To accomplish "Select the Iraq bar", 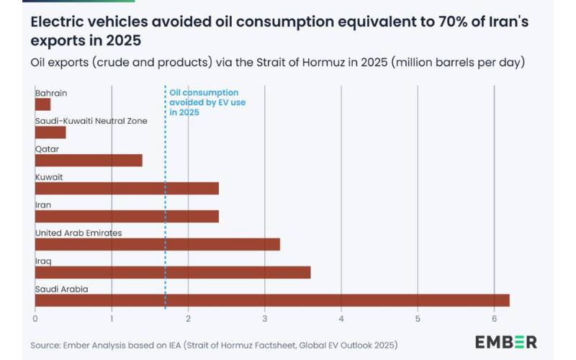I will click(173, 272).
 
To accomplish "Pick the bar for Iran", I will click(127, 216).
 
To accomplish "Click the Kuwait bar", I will click(127, 188).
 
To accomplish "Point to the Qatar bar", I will click(89, 160).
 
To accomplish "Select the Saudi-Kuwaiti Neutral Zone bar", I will click(50, 132).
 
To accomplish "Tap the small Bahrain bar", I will click(42, 104).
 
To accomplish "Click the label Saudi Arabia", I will click(61, 289).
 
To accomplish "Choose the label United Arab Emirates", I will click(78, 233).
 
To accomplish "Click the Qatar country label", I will click(47, 149).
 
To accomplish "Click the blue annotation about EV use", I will click(203, 103).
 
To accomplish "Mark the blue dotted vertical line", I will click(166, 216).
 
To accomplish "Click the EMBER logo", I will click(505, 342).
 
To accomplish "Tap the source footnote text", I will click(214, 345).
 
